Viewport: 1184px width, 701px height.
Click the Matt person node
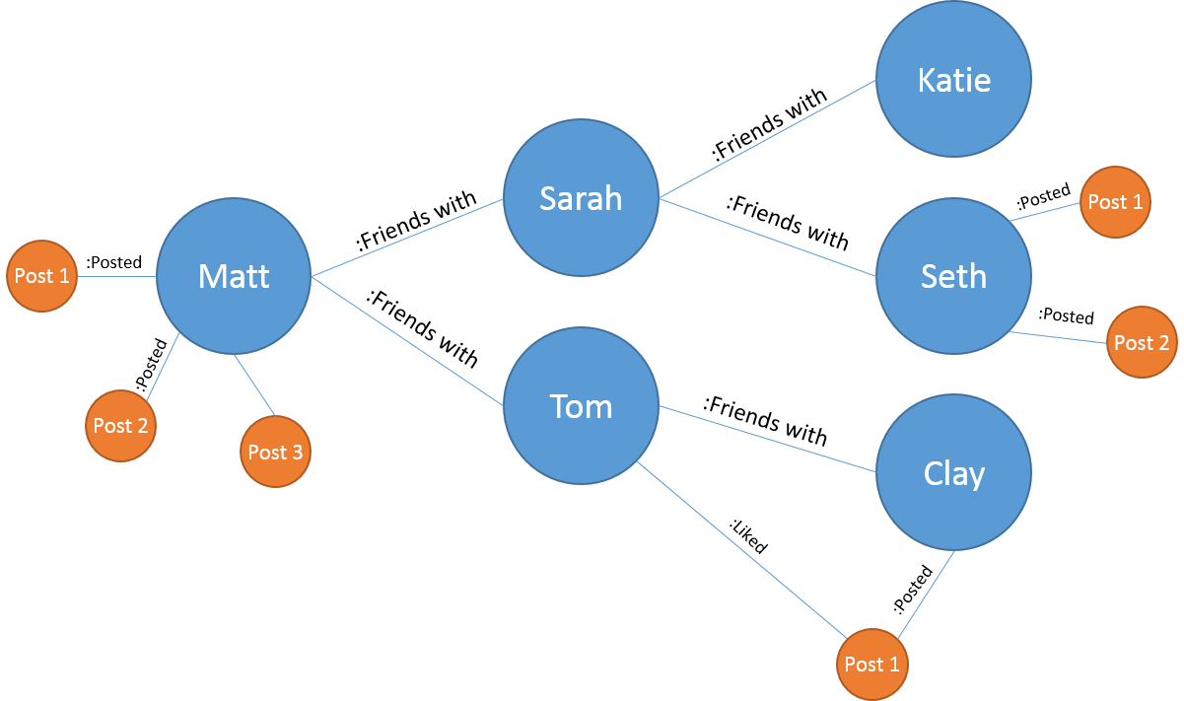[234, 276]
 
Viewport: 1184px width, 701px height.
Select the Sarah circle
[581, 198]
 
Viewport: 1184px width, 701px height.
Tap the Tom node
[581, 406]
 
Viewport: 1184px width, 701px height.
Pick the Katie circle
[953, 79]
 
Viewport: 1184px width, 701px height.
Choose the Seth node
[953, 276]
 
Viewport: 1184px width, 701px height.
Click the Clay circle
[953, 473]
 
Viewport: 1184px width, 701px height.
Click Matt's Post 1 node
[41, 276]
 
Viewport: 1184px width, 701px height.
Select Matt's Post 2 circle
[120, 426]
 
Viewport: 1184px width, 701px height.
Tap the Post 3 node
[275, 452]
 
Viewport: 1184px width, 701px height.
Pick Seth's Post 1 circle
[1115, 202]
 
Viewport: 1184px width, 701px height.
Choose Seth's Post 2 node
[1142, 342]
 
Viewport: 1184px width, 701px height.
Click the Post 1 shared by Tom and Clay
[871, 665]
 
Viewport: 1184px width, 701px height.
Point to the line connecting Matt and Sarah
[407, 238]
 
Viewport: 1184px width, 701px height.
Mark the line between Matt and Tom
[407, 341]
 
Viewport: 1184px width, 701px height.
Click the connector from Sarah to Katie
[767, 139]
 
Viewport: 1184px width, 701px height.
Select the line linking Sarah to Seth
[767, 238]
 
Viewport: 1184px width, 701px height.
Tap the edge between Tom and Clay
[767, 439]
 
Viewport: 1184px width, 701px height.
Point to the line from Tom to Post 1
[741, 549]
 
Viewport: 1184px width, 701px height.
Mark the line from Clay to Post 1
[926, 594]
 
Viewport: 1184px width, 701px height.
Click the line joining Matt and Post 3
[255, 386]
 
